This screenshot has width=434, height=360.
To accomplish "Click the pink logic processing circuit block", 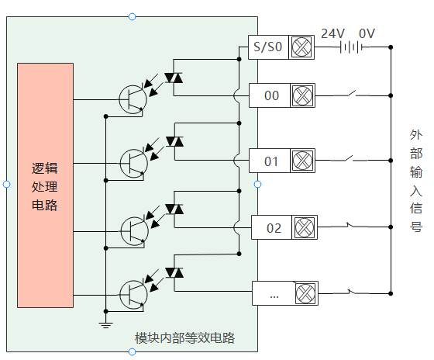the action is point(46,185).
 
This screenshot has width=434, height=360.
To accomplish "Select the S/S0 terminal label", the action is point(267,47).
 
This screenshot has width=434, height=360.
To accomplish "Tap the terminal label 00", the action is point(271,95).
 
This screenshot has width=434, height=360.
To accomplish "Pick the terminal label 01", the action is point(271,161).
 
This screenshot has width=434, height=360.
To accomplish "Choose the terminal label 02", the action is point(274,228).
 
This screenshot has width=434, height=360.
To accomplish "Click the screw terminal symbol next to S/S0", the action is point(301,47).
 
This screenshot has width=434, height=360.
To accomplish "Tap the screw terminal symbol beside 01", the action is point(302,161).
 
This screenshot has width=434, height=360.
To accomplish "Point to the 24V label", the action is point(333,33).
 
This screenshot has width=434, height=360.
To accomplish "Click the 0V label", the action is point(367,33).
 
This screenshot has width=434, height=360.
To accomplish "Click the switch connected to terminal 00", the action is point(352,94).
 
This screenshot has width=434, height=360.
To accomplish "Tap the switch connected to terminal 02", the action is point(352,226).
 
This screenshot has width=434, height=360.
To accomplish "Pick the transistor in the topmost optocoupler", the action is point(133,99).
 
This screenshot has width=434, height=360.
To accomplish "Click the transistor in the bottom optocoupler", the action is point(133,295).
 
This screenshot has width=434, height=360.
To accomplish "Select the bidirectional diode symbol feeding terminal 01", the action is point(174,142).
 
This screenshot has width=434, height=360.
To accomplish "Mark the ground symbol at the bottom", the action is point(105,325).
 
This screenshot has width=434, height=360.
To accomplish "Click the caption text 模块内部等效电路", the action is point(184,337).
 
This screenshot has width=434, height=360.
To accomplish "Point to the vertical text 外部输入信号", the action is point(416,181).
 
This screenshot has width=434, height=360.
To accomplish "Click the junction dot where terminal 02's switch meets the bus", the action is point(391,227).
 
